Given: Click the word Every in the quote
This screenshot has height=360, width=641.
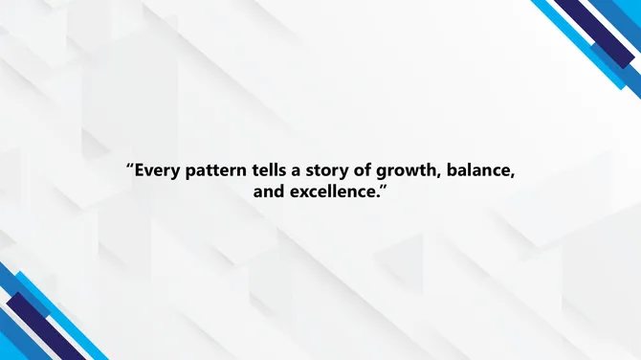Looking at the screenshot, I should pos(157,170).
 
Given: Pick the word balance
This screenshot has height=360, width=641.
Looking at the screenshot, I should pos(485,170).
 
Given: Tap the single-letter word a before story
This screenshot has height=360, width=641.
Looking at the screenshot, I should pos(305,170).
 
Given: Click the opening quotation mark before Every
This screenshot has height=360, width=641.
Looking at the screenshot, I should pos(129,166).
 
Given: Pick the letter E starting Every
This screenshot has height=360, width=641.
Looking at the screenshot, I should pos(140,170).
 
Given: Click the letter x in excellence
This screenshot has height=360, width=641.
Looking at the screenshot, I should pos(300,192).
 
